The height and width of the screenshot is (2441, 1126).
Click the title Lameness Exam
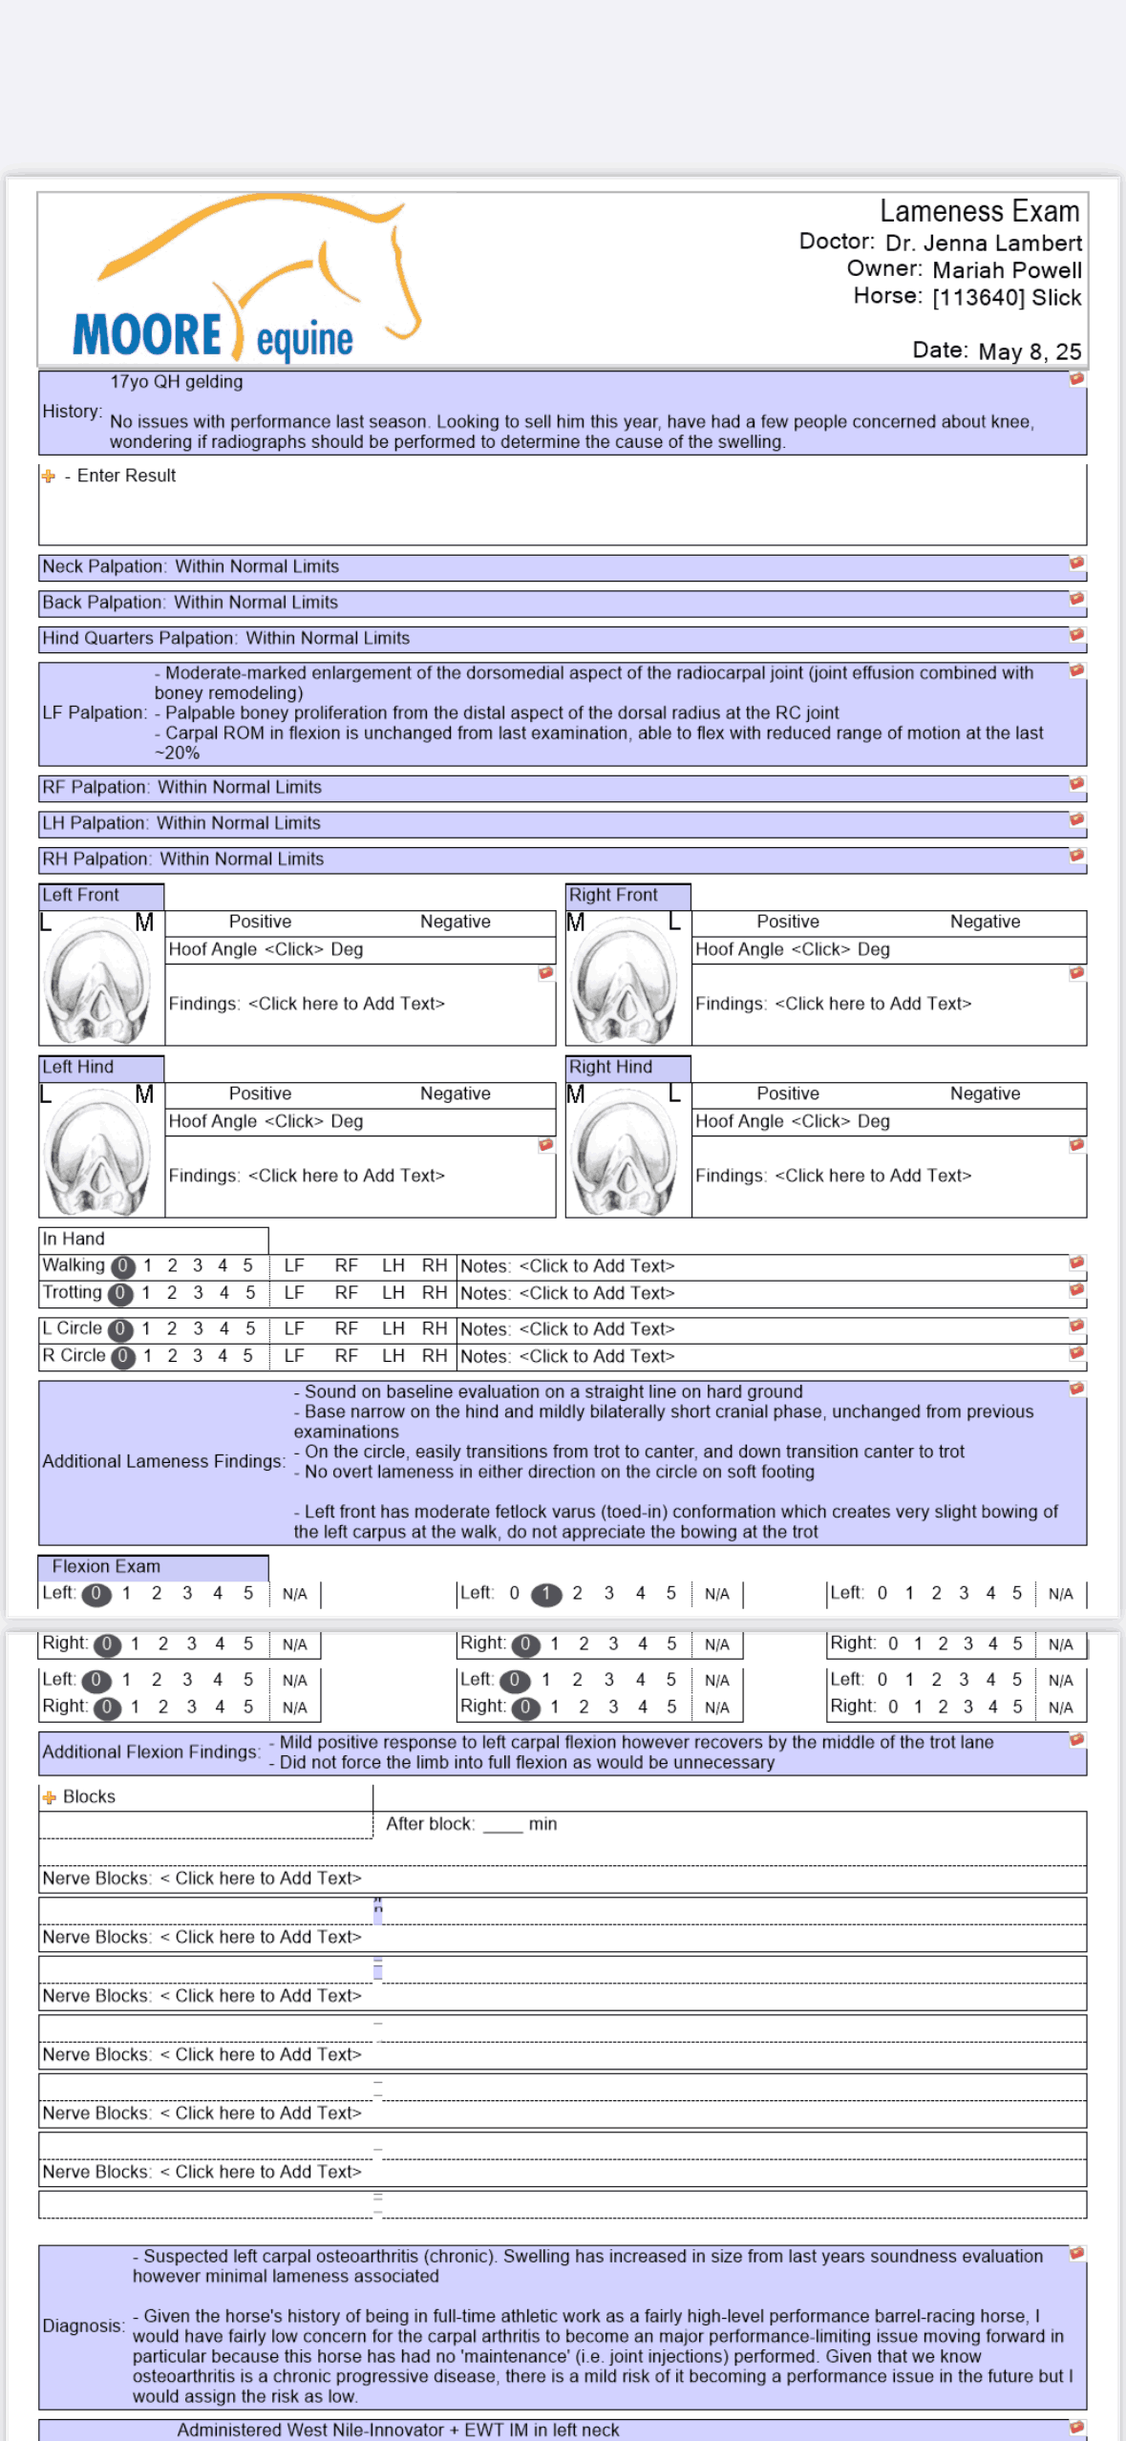click(x=979, y=211)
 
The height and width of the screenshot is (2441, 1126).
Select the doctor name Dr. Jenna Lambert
click(x=983, y=244)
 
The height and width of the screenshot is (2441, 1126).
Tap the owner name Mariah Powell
click(x=1007, y=270)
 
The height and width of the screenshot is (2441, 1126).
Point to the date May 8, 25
click(x=1029, y=351)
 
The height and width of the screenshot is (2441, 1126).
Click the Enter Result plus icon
click(x=48, y=476)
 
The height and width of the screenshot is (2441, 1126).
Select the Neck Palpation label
click(x=103, y=566)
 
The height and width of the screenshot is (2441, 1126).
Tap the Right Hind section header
click(x=611, y=1067)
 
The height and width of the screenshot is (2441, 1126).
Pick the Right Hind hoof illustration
click(x=627, y=1151)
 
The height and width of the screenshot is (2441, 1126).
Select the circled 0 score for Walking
click(x=123, y=1266)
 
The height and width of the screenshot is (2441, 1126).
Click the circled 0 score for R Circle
click(x=123, y=1356)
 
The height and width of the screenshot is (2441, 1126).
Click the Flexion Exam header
click(x=106, y=1566)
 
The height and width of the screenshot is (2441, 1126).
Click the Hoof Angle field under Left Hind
click(x=266, y=1121)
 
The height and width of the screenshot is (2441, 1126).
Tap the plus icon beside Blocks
click(x=49, y=1797)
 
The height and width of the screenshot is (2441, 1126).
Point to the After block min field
click(x=502, y=1824)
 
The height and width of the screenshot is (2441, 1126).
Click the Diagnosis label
click(x=83, y=2325)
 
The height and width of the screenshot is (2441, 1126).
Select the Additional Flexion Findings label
click(x=151, y=1751)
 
